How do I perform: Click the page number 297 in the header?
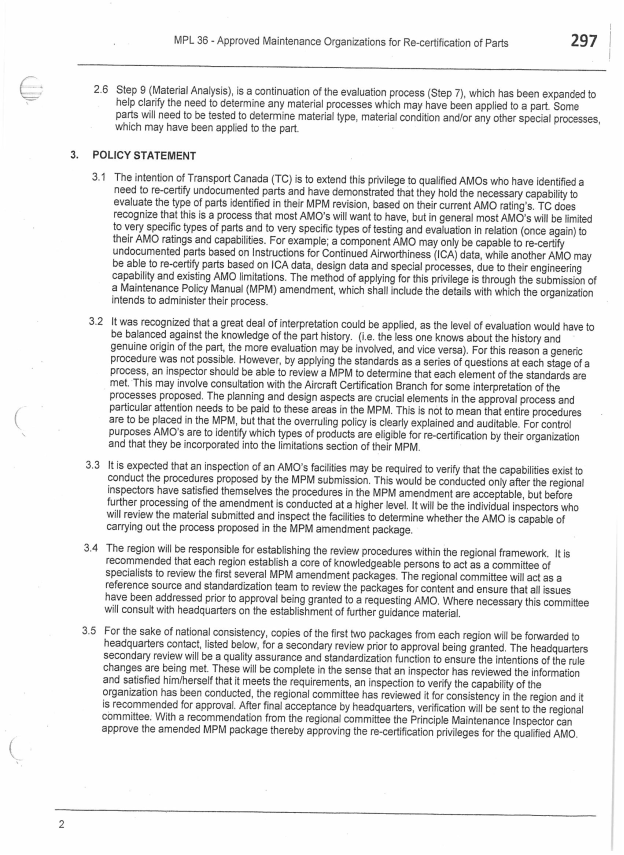click(x=577, y=40)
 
